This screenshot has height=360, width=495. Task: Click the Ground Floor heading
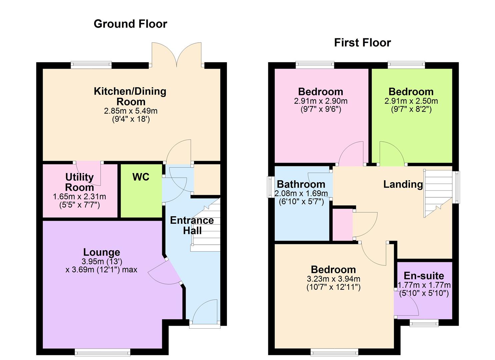tap(130, 24)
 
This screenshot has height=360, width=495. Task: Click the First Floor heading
tap(362, 43)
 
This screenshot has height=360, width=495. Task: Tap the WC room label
tap(141, 177)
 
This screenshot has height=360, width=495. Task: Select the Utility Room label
tap(79, 182)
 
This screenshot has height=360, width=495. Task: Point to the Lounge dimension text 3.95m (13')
tap(102, 262)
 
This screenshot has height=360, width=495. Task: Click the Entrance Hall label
tap(192, 225)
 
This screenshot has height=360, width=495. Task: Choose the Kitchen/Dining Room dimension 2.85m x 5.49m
tap(131, 111)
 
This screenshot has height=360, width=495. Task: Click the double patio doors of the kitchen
tap(177, 55)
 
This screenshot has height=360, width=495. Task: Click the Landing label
tap(403, 184)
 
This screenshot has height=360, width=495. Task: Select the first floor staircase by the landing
tap(437, 193)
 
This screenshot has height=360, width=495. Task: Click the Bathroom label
tap(301, 184)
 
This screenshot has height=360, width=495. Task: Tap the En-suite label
tap(424, 276)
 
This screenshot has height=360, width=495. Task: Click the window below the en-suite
tap(424, 323)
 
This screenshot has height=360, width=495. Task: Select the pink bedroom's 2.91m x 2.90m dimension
tap(320, 101)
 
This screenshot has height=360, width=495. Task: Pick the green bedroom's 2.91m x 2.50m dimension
tap(411, 101)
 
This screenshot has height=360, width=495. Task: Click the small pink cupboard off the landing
tap(342, 224)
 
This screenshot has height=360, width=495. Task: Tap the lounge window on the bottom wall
tap(102, 352)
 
